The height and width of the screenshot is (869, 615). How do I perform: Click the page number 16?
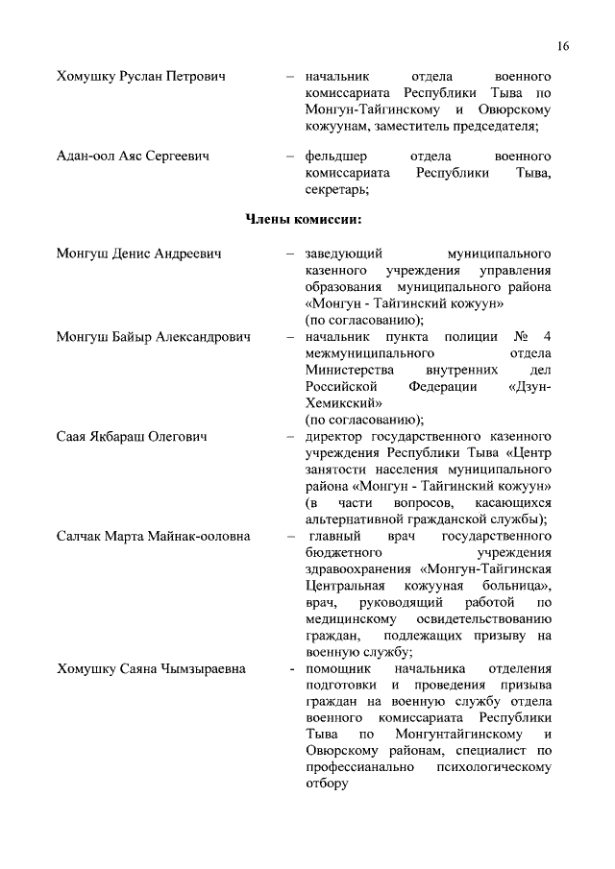click(562, 46)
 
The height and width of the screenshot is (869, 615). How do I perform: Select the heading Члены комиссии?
click(304, 221)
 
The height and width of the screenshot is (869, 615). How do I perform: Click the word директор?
click(337, 437)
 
